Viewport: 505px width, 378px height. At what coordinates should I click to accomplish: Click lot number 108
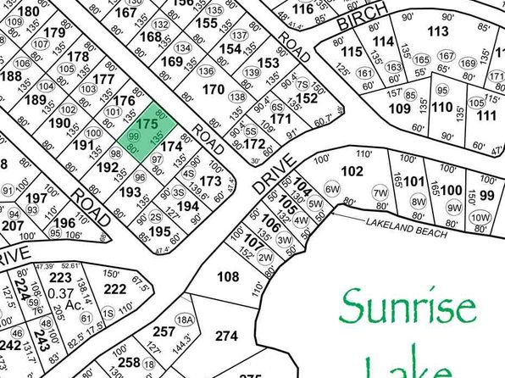[x=228, y=276]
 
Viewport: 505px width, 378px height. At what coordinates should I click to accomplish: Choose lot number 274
[x=226, y=336]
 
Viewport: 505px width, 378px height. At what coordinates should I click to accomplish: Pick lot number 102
[x=351, y=170]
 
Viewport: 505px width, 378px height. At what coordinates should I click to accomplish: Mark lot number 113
[x=437, y=32]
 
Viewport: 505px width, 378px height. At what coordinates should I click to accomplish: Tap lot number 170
[x=214, y=89]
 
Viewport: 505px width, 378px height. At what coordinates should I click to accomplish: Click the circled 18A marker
[x=186, y=319]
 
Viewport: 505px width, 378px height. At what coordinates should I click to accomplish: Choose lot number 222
[x=114, y=289]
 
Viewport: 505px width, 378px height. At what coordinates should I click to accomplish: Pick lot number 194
[x=187, y=206]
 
